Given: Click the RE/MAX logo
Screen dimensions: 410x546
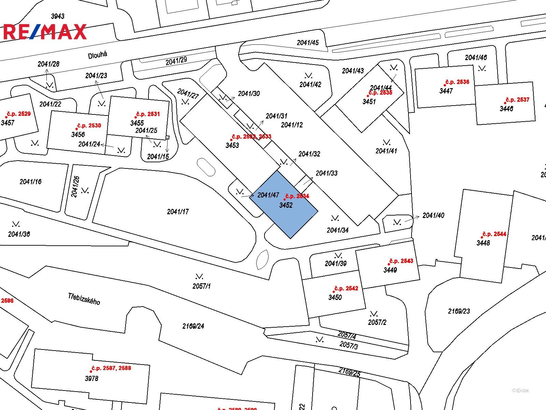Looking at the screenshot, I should pos(45,31).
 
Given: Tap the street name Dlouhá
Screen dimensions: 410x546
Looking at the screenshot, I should pos(98,55).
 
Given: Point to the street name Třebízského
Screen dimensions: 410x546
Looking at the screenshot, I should pos(84,299).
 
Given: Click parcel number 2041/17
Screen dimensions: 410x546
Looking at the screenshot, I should pos(178,212).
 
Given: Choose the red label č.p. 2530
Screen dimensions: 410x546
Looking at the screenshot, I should pos(89,126).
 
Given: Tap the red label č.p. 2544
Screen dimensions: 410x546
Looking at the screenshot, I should pos(494,234).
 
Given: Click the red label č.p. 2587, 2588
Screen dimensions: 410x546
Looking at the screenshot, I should pos(111,368).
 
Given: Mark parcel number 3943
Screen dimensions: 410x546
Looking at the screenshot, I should pos(58,16).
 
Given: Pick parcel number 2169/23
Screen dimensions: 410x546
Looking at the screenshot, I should pos(459,311).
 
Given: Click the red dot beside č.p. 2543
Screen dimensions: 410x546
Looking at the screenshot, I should pos(389,264).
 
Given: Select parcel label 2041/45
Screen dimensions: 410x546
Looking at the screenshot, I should pos(308,43).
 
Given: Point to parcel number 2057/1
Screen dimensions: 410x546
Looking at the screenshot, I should pos(201,286).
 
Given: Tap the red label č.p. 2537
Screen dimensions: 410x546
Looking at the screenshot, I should pos(518,100).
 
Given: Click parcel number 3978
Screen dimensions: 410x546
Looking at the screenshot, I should pos(91,379).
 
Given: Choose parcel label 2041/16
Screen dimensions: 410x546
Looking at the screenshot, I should pos(31,182).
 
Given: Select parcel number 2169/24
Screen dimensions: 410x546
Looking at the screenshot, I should pos(193,326).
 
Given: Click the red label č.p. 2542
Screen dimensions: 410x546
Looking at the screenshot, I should pos(346,289).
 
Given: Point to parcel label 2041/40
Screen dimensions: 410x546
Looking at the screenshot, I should pos(433,216).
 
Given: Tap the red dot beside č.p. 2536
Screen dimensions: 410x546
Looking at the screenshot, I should pos(445,85).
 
